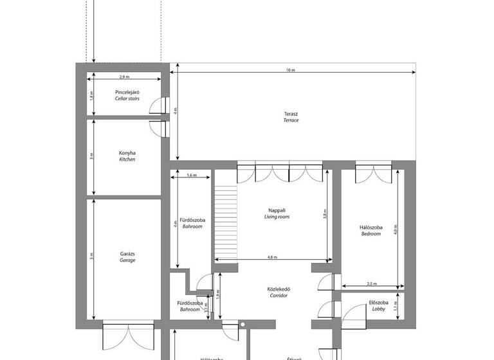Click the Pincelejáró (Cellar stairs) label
[127, 96]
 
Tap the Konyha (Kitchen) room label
[127, 156]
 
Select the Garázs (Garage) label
[127, 256]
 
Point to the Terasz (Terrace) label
[291, 116]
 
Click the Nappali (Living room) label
[277, 213]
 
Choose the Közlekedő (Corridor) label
[277, 292]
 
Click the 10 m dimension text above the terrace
[291, 70]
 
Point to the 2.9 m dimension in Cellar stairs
[125, 76]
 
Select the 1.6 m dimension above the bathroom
[191, 175]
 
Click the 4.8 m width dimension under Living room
[273, 257]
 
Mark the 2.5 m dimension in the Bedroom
[372, 283]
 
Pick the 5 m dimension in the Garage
[92, 256]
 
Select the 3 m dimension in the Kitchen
[92, 156]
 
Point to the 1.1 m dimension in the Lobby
[396, 306]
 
